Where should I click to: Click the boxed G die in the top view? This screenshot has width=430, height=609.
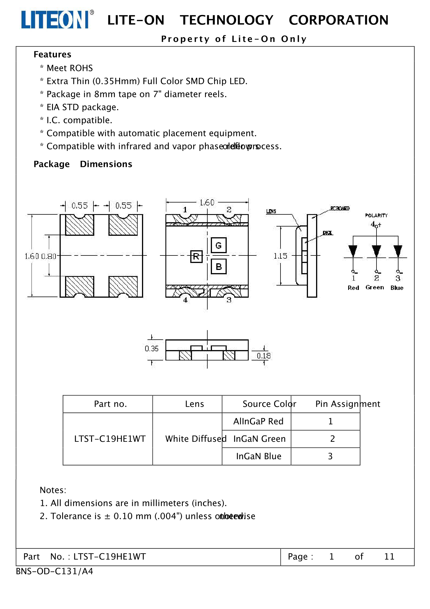click(219, 245)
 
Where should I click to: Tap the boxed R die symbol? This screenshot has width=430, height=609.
click(196, 256)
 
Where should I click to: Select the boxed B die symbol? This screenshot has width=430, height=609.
click(219, 266)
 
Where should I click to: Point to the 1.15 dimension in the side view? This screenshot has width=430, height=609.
click(280, 256)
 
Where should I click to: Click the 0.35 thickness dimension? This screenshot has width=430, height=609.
click(152, 349)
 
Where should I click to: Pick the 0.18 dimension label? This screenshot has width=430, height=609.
click(264, 356)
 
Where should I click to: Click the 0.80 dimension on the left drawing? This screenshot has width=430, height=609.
click(49, 256)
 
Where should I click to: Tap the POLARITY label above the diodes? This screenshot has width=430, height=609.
click(376, 216)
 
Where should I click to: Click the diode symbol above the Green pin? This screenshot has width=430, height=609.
click(376, 251)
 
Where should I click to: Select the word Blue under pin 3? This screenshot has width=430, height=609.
click(397, 288)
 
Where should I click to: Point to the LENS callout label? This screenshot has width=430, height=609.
click(271, 211)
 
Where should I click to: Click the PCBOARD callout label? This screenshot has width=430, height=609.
click(340, 208)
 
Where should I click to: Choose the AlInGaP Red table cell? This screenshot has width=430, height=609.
click(258, 421)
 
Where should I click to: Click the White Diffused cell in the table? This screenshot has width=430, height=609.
click(196, 439)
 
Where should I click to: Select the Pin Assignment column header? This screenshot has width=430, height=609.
click(348, 404)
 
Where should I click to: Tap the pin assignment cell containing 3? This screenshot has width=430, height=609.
click(330, 456)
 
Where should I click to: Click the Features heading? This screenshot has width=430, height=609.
click(52, 54)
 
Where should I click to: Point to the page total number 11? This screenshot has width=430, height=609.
click(389, 556)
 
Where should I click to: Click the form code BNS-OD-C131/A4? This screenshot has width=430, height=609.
click(54, 571)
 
